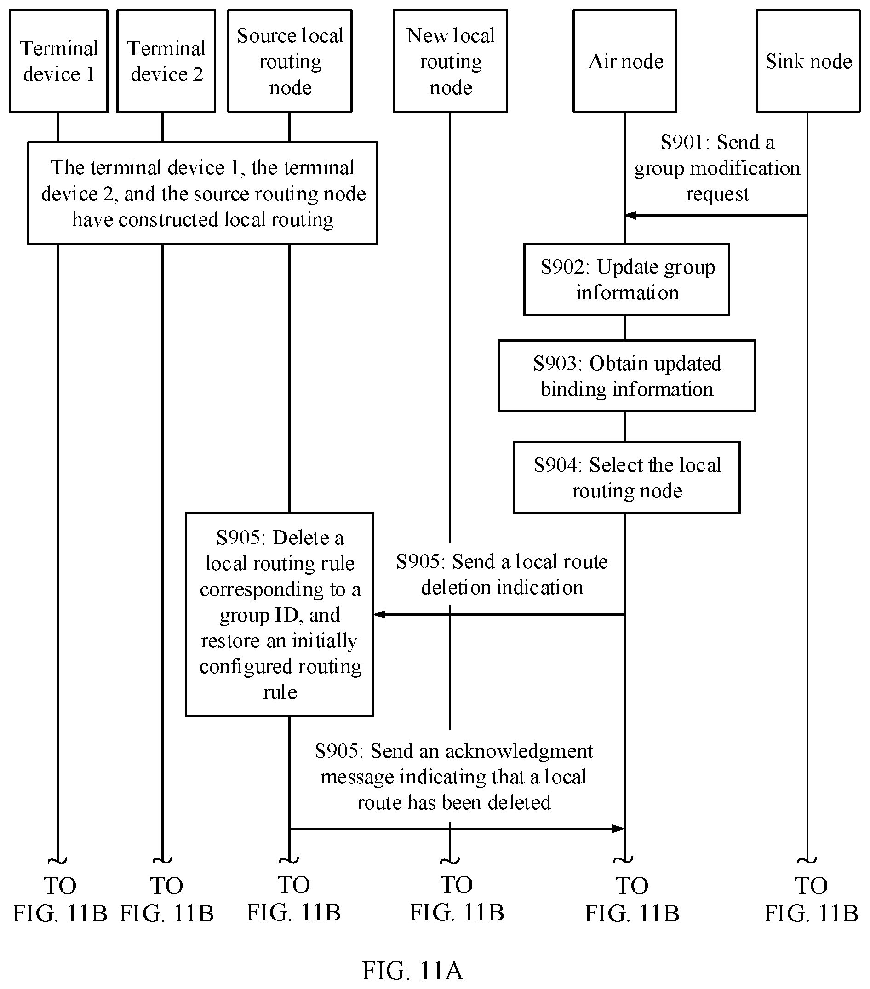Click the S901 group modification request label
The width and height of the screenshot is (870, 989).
(717, 168)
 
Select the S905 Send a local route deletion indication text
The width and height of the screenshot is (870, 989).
(502, 574)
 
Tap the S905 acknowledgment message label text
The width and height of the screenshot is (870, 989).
(454, 777)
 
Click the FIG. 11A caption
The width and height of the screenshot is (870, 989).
(413, 971)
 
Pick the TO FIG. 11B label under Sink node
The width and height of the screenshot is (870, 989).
(811, 899)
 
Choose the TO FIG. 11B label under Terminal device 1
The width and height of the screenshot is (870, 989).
(60, 899)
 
